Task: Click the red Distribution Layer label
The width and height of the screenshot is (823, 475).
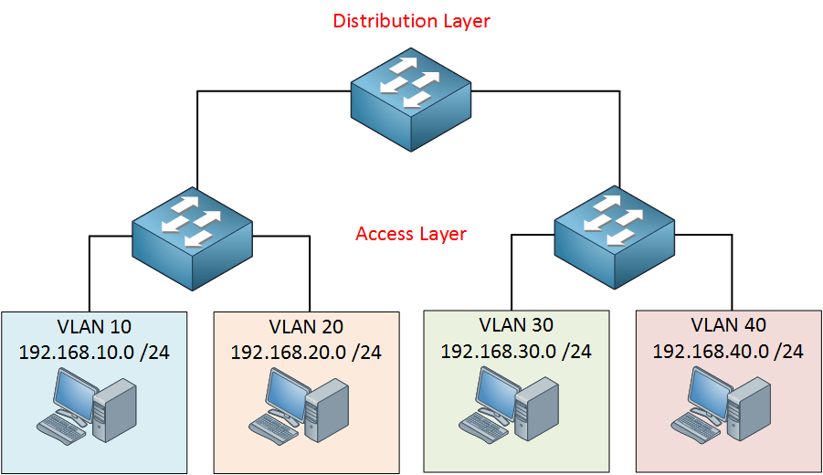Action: (x=411, y=20)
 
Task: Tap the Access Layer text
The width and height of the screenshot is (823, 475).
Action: (x=411, y=234)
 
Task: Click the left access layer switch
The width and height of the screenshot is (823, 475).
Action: (x=192, y=239)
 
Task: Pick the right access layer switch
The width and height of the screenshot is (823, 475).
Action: (x=615, y=239)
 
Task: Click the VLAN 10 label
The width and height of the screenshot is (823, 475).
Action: (x=94, y=326)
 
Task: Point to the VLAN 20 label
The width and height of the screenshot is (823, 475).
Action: (x=306, y=327)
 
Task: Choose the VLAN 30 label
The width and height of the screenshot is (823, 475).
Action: (x=516, y=325)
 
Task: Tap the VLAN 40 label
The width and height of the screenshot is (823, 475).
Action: (x=728, y=325)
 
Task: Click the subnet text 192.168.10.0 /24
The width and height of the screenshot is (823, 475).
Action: (x=94, y=352)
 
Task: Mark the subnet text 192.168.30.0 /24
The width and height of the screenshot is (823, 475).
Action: (x=516, y=351)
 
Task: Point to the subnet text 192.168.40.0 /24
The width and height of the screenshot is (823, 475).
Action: (x=728, y=351)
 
